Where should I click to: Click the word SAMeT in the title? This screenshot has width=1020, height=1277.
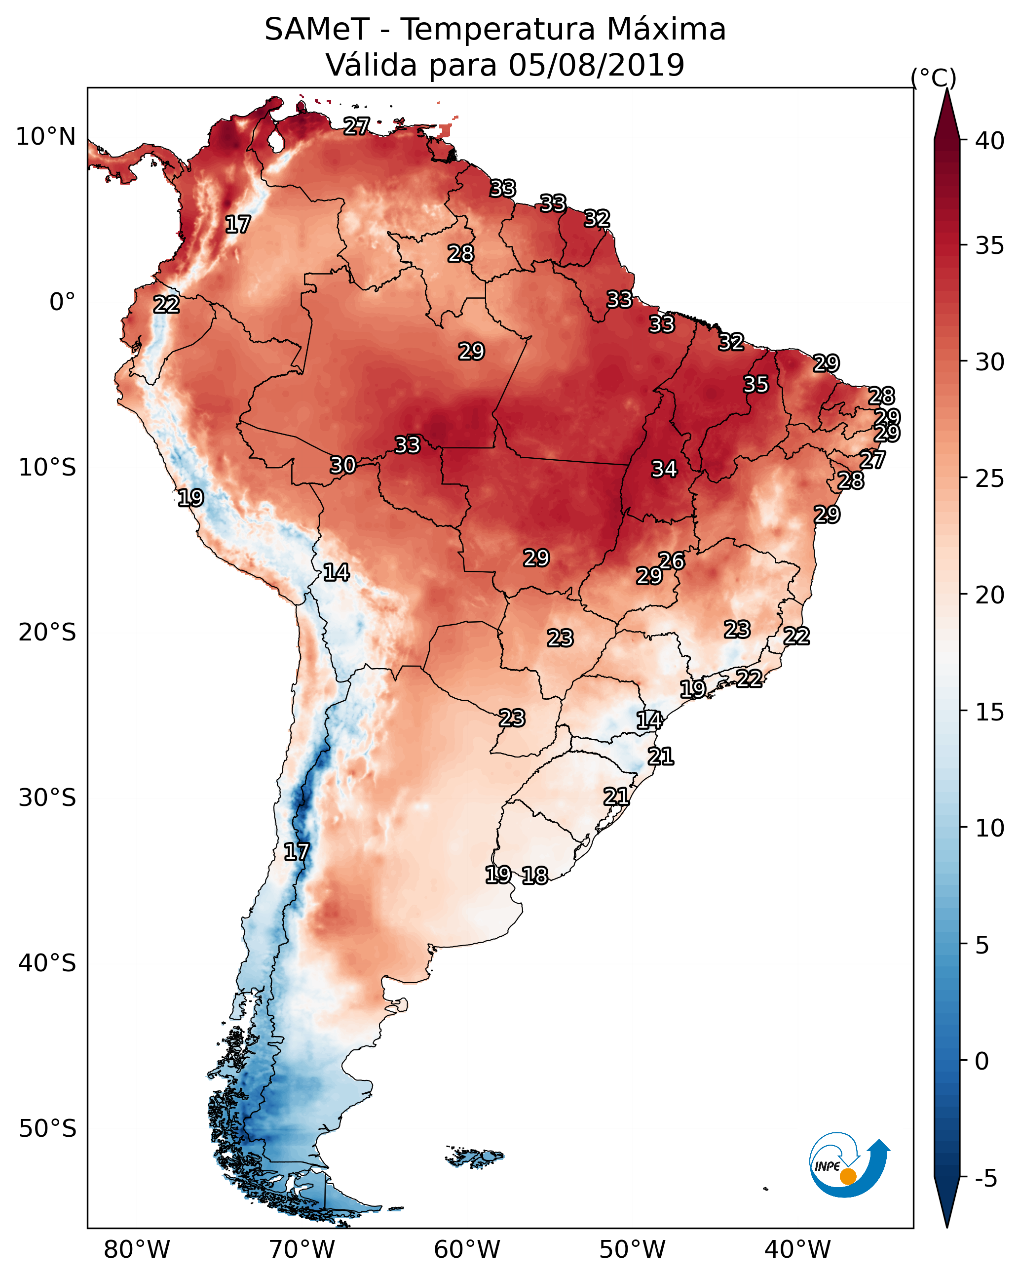tap(317, 29)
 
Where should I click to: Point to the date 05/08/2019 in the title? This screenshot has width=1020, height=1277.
tap(596, 65)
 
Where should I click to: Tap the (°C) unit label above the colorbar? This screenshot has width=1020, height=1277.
tap(933, 78)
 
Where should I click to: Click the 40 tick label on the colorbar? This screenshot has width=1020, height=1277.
tap(990, 141)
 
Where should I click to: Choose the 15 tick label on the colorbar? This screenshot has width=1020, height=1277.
tap(990, 712)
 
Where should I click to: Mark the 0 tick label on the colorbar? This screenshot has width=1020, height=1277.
tap(982, 1061)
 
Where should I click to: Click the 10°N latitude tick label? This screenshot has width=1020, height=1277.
tap(45, 137)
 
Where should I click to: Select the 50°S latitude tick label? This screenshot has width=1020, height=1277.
tap(47, 1129)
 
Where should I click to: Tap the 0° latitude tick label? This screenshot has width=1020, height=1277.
tap(63, 302)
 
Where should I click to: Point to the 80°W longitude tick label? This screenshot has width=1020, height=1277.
tap(137, 1250)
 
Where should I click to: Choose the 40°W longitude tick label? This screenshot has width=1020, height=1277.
tap(797, 1250)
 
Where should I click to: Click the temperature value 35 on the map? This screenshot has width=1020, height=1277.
tap(756, 384)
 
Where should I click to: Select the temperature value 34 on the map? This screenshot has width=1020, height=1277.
tap(664, 469)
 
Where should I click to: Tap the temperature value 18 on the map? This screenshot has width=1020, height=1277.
tap(535, 876)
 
